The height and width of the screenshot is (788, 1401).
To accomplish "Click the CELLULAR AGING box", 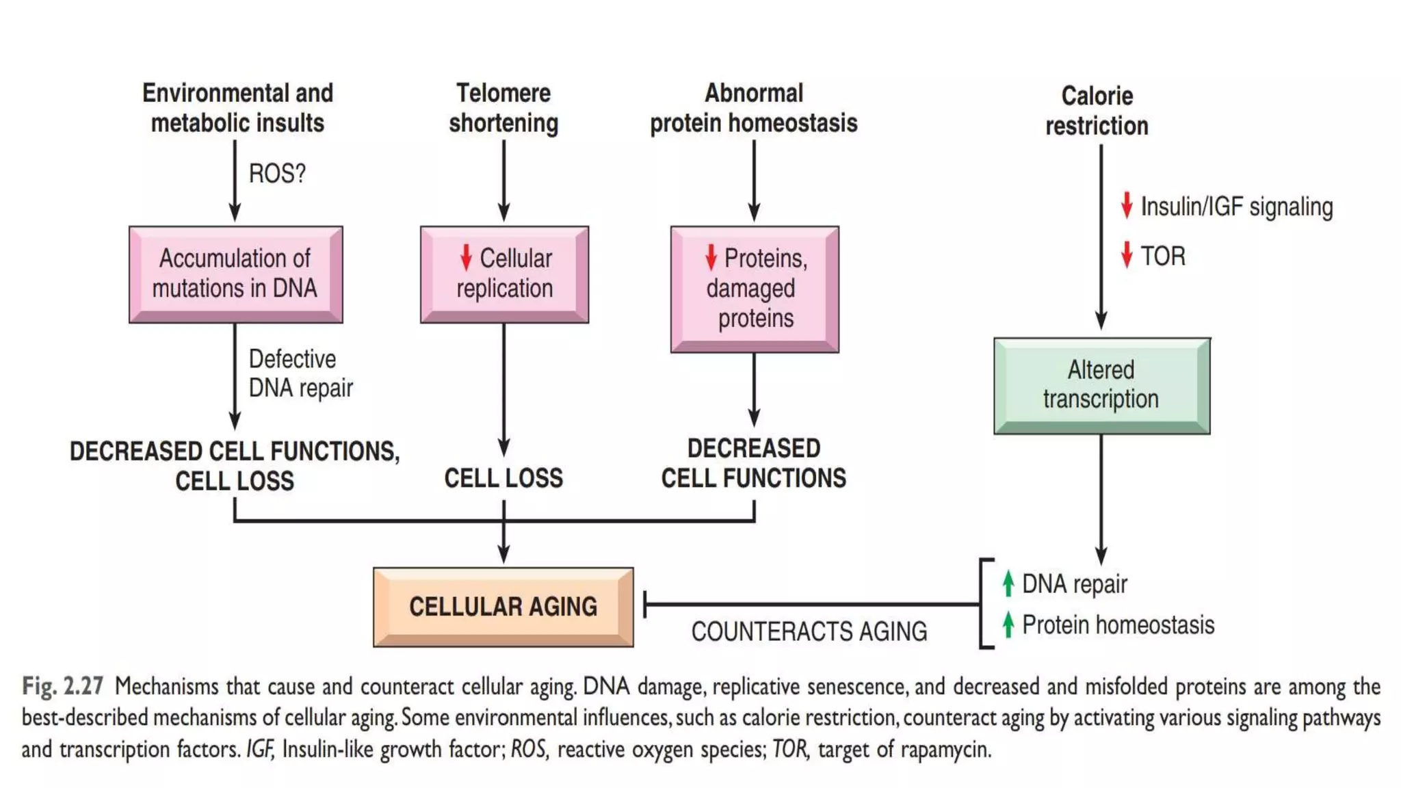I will tap(503, 607).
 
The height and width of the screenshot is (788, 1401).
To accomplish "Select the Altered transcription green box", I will tap(1101, 385).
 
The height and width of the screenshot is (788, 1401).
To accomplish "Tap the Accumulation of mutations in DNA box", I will tap(235, 274).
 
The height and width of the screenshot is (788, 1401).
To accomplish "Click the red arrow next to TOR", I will tap(1127, 255).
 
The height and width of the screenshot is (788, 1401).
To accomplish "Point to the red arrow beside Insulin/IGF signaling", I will tap(1127, 205).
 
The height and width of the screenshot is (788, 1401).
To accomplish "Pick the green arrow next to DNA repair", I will tap(1008, 583).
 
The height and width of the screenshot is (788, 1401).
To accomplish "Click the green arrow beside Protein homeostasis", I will tap(1008, 625).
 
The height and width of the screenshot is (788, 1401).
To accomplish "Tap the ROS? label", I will tap(277, 174).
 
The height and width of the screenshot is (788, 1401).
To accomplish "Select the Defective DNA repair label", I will tap(300, 373).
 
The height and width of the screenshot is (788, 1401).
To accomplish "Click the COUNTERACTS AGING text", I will tap(809, 631).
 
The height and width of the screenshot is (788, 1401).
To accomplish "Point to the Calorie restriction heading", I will tap(1097, 111).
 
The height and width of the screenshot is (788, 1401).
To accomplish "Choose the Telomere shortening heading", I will tap(503, 108).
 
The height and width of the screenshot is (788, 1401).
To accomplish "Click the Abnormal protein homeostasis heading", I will tap(753, 108).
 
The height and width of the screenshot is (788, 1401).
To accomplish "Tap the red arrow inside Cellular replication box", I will tap(466, 257).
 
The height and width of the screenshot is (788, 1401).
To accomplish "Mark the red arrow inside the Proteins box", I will tap(711, 257).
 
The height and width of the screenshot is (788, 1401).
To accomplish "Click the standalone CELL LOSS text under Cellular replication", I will tap(503, 478).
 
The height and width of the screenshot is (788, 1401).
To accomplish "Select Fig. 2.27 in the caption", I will tap(62, 686).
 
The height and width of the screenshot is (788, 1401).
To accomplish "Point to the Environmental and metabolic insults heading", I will tap(237, 108).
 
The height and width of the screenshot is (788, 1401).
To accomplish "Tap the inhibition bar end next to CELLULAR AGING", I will tap(646, 604).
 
